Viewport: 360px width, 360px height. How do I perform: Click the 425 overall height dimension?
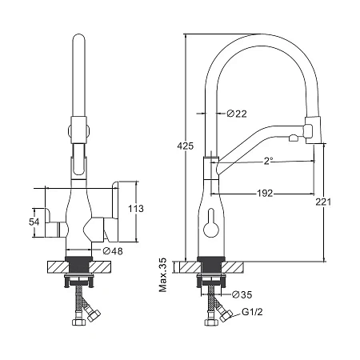coord(186,146)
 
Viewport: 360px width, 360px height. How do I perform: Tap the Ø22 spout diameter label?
coord(237,114)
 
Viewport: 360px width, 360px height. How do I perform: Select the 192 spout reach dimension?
coord(265,193)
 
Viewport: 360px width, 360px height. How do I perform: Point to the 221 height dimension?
coord(323,202)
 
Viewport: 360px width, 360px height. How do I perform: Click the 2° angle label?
coord(268,161)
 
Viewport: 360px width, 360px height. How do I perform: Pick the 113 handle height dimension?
coord(136,209)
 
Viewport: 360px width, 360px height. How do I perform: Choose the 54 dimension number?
coord(34,222)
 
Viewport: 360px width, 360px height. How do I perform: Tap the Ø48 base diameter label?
coord(113,251)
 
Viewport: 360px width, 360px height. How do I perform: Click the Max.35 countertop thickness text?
coord(162,275)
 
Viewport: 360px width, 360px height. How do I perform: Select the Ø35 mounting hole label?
coord(242,294)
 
